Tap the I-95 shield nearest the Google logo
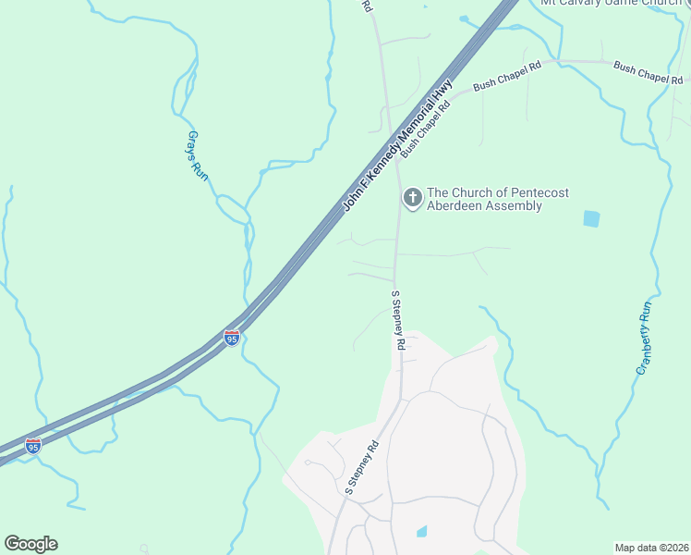33,446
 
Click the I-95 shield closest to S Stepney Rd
232,338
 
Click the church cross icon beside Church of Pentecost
411,197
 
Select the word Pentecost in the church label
538,192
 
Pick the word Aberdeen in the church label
455,206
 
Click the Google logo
30,544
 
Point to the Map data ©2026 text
651,547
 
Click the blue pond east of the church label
591,218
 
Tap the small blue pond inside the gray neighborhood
422,531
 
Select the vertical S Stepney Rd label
398,319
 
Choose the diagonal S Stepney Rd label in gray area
363,467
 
